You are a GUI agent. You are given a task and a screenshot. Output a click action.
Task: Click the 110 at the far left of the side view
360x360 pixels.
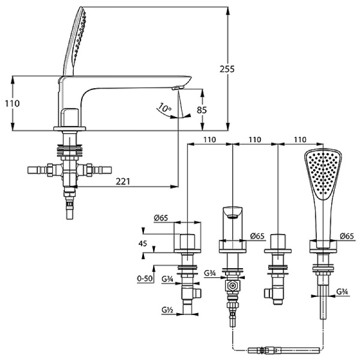click(11, 103)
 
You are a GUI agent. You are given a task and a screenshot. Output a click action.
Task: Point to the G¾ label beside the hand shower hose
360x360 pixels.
click(343, 292)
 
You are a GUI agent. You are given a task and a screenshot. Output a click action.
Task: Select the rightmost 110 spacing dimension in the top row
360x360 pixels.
click(299, 139)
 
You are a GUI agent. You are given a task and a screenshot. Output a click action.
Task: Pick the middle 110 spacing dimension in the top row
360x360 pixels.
click(255, 139)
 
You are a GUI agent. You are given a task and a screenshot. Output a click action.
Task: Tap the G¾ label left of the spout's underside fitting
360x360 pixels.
click(210, 274)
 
